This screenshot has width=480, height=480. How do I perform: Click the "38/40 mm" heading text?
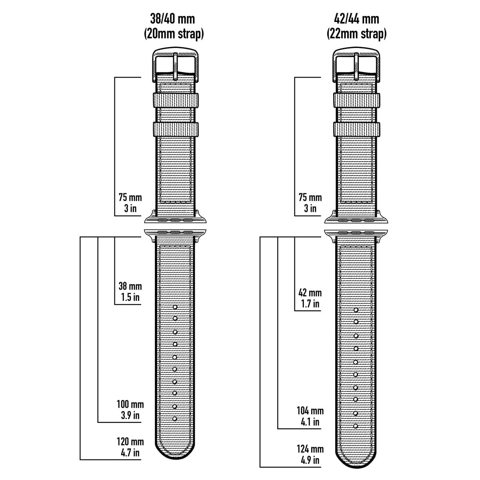[x=172, y=19]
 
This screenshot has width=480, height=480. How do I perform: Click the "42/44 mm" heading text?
[x=356, y=19]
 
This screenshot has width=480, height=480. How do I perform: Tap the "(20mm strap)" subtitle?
[x=174, y=34]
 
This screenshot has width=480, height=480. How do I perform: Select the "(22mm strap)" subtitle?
[x=357, y=34]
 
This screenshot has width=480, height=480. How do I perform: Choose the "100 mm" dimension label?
[x=130, y=404]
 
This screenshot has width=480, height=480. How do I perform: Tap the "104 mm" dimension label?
[x=310, y=411]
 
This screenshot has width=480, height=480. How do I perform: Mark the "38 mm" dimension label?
[x=130, y=286]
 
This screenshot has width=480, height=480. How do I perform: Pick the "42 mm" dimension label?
[x=310, y=293]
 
